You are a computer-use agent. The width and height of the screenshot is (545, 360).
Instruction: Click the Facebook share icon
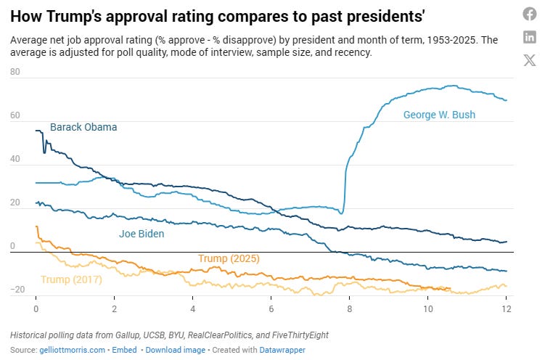[x=530, y=14]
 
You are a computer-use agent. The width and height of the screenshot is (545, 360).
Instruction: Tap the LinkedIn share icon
[x=530, y=37]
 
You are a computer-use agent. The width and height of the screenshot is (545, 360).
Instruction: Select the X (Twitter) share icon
[x=530, y=61]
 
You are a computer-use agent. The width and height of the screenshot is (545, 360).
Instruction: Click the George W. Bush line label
[x=439, y=115]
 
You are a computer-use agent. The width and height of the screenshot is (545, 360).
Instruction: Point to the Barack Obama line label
[x=83, y=128]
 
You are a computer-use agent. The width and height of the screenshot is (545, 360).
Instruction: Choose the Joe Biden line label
[x=142, y=234]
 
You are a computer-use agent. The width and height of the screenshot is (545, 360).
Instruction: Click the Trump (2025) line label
[x=229, y=258]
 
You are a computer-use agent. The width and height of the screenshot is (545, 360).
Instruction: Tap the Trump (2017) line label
[x=71, y=279]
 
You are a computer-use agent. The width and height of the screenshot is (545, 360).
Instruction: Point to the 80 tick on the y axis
[x=16, y=73]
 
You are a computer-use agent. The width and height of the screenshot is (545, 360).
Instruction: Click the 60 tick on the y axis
[x=16, y=116]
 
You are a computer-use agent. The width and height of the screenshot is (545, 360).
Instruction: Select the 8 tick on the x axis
[x=349, y=308]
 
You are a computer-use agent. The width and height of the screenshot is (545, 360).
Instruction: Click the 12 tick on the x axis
[x=505, y=308]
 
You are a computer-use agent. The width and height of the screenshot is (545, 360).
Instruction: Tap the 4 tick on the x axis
[x=192, y=308]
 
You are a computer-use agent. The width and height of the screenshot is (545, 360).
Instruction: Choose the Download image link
[x=176, y=350]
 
